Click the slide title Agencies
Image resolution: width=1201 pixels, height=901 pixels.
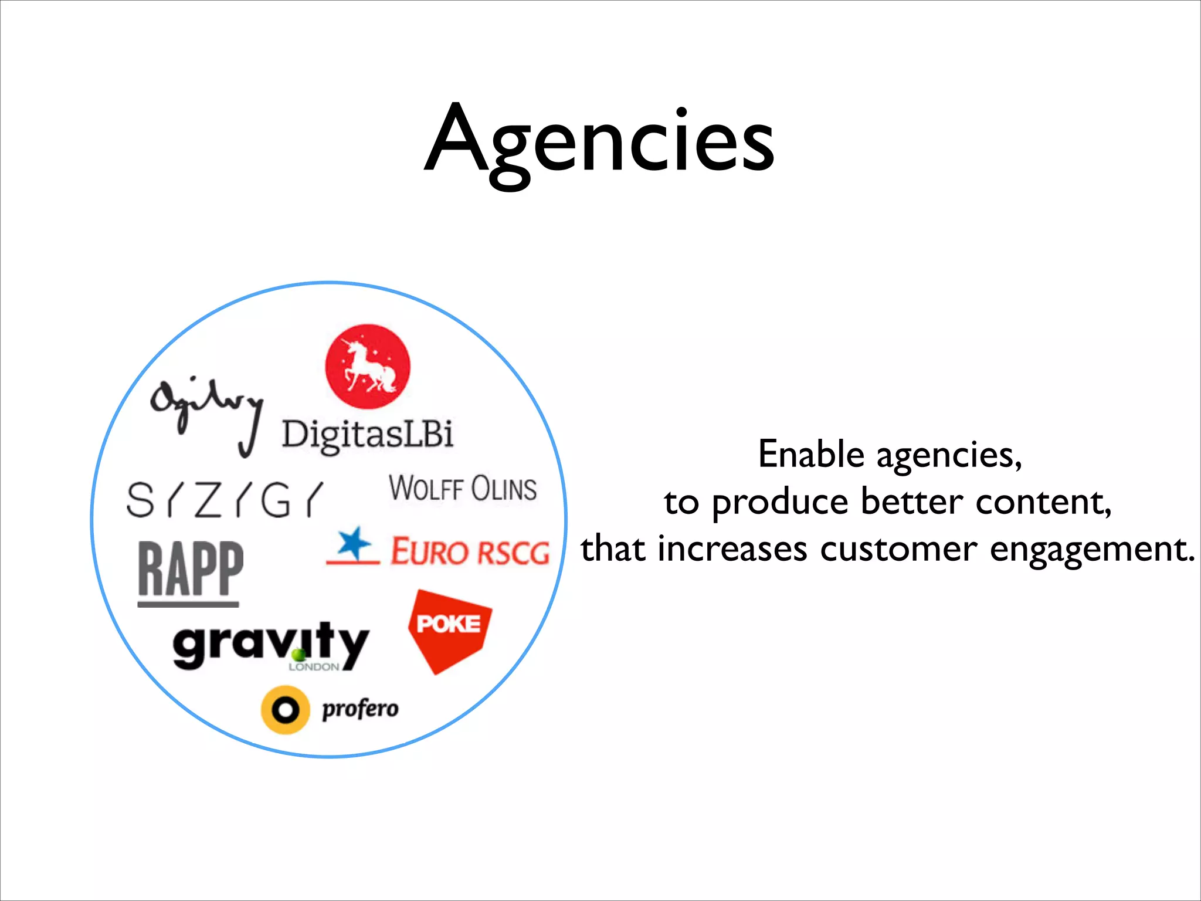599,141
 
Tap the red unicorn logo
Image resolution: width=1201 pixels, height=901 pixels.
368,367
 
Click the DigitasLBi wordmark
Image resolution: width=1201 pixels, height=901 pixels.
368,435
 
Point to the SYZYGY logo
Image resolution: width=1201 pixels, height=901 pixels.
225,500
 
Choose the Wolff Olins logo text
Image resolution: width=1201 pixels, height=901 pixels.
463,489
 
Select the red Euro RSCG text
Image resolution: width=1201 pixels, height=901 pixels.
470,552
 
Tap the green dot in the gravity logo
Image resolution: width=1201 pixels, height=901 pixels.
298,654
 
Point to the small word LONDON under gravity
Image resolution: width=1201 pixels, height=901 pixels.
314,667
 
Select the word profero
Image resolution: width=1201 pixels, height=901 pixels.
360,709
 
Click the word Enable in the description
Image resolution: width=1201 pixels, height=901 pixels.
811,455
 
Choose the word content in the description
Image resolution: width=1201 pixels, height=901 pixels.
1043,502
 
